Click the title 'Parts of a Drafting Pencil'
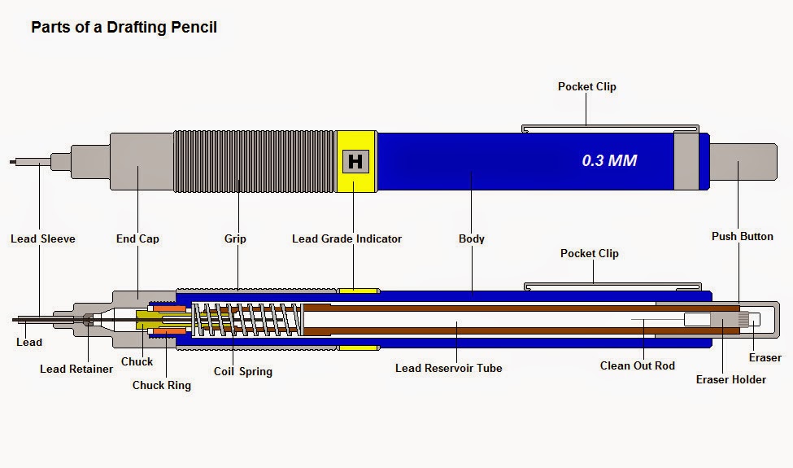(x=124, y=27)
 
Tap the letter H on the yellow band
(x=355, y=161)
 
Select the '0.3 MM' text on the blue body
(x=609, y=160)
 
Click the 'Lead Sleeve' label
(x=42, y=238)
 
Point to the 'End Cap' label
(x=137, y=238)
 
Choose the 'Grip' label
(x=235, y=238)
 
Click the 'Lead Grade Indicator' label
(x=346, y=238)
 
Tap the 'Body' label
(x=472, y=238)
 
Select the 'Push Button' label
(x=742, y=236)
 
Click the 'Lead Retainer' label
(x=76, y=369)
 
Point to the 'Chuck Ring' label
(x=162, y=385)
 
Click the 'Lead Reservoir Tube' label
(x=448, y=368)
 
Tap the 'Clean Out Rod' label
(x=638, y=365)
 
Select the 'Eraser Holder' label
(x=730, y=379)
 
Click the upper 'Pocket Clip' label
(x=586, y=86)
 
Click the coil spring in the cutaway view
(x=244, y=321)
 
